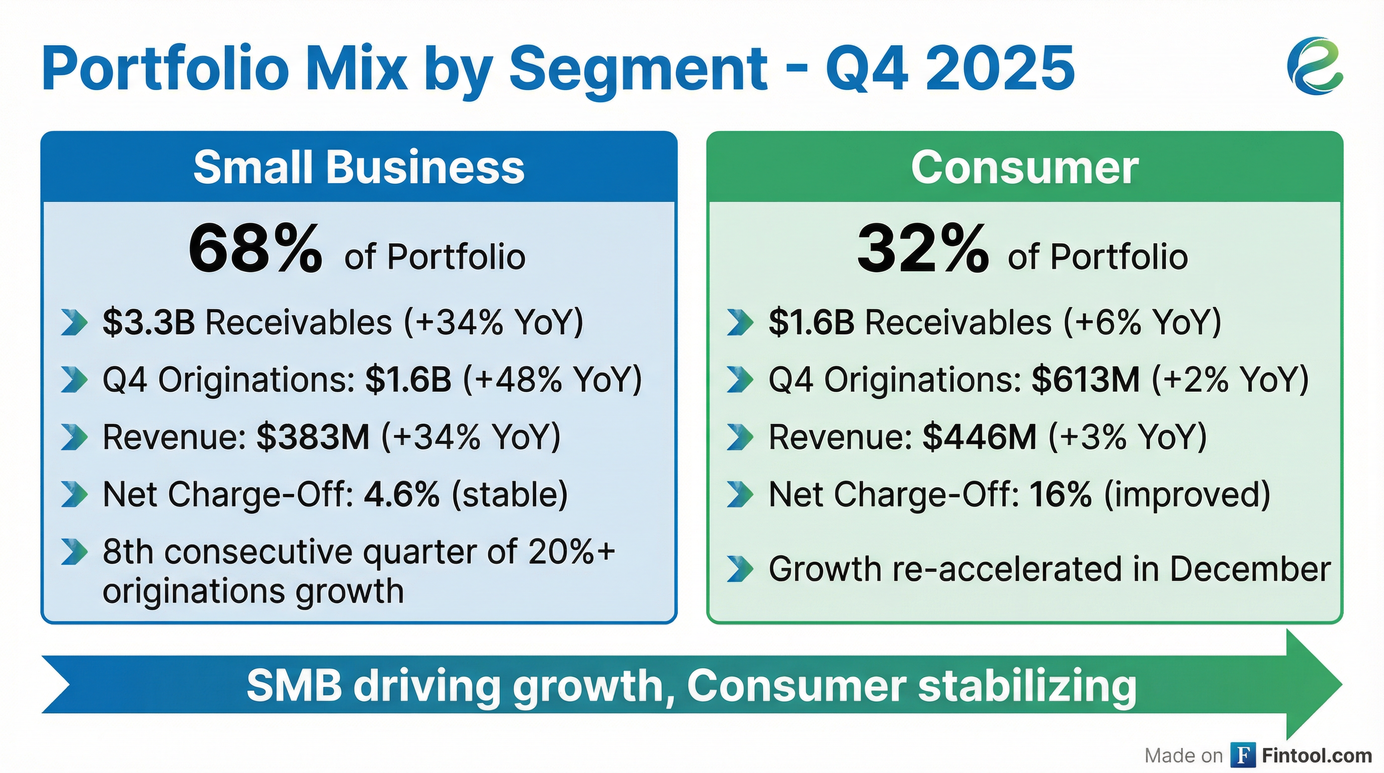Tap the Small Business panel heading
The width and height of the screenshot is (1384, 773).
pos(359,167)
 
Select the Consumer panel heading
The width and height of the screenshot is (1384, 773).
pos(1024,167)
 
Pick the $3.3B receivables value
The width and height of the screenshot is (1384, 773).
pos(149,323)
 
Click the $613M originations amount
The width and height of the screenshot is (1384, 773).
pos(1085,379)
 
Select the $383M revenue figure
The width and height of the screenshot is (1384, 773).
pos(313,436)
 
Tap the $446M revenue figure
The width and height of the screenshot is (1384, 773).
pos(979,436)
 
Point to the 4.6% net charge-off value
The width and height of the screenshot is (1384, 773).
pos(402,494)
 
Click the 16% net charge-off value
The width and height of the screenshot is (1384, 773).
pos(1060,494)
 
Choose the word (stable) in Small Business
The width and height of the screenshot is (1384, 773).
pos(509,494)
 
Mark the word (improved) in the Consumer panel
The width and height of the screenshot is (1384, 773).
pos(1187,494)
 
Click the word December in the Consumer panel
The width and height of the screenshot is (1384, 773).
pos(1250,569)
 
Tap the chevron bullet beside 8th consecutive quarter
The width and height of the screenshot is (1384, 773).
pos(73,552)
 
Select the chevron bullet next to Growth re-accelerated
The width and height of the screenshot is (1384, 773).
pos(740,569)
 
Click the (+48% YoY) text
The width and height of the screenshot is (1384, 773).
pos(552,379)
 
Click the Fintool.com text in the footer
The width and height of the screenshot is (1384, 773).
pos(1316,755)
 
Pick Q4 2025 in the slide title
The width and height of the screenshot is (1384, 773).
pos(949,68)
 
